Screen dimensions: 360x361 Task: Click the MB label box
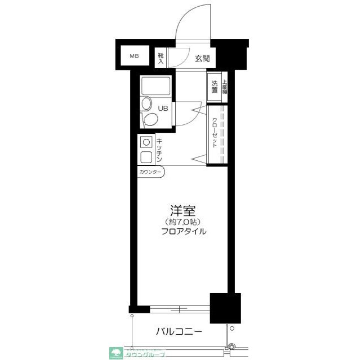pos(134,56)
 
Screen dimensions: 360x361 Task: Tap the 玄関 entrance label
pos(202,58)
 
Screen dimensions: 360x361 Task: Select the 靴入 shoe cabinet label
pos(161,57)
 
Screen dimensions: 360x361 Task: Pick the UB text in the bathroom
pos(162,109)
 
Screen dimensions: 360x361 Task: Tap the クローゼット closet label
pos(215,133)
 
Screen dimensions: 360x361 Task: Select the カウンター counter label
pos(150,172)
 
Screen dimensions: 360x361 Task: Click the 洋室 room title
pos(183,211)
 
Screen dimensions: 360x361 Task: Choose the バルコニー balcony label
pos(179,332)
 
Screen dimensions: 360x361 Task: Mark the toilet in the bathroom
pos(149,119)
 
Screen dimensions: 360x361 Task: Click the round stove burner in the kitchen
pos(145,143)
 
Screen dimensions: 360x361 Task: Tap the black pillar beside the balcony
pos(225,308)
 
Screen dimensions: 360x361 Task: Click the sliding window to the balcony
pos(180,308)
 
